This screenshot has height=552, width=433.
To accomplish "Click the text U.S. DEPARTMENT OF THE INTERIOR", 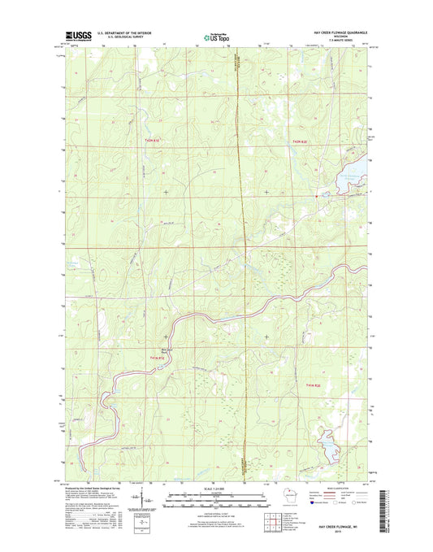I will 124,33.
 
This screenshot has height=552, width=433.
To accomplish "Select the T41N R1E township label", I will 157,357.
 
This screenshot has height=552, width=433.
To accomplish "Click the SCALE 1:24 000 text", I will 215,490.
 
